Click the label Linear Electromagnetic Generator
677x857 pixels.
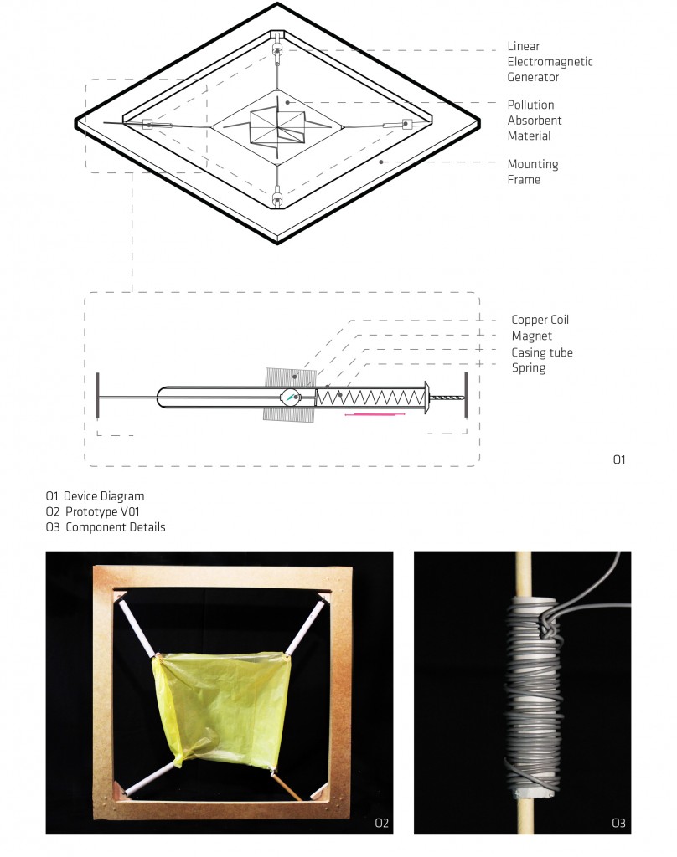click(x=550, y=62)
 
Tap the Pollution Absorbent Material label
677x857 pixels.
click(x=535, y=121)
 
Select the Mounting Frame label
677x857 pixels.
click(x=533, y=172)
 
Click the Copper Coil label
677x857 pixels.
click(x=540, y=320)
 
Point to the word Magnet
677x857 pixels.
click(x=531, y=336)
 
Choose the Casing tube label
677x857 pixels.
click(x=542, y=352)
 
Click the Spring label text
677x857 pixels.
click(x=528, y=367)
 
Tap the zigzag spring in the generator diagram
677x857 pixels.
click(x=370, y=396)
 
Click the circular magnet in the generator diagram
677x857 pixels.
click(x=290, y=397)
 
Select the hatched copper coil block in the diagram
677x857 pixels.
click(x=290, y=395)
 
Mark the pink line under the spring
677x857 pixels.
click(x=375, y=415)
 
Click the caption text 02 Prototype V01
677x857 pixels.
click(x=92, y=511)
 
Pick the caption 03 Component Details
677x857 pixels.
click(x=105, y=527)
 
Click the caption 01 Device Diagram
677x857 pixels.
click(x=95, y=496)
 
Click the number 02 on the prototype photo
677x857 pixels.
click(x=381, y=823)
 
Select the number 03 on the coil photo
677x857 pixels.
click(x=618, y=823)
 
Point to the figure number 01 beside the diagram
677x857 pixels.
click(x=619, y=459)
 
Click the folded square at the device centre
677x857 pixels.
click(x=277, y=127)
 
